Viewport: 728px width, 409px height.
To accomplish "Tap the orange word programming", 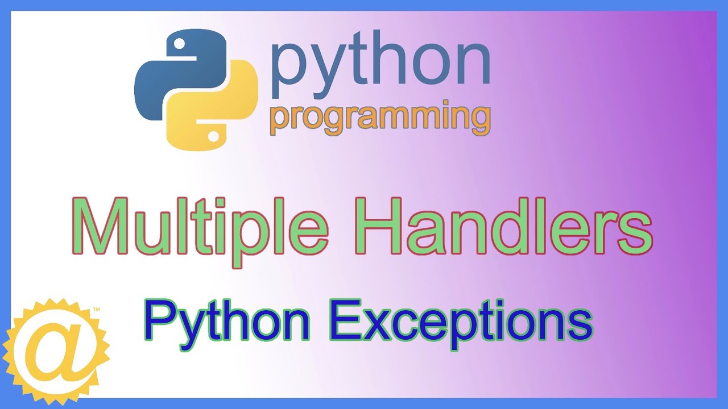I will point(380,118).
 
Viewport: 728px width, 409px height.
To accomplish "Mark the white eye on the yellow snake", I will point(213,136).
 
